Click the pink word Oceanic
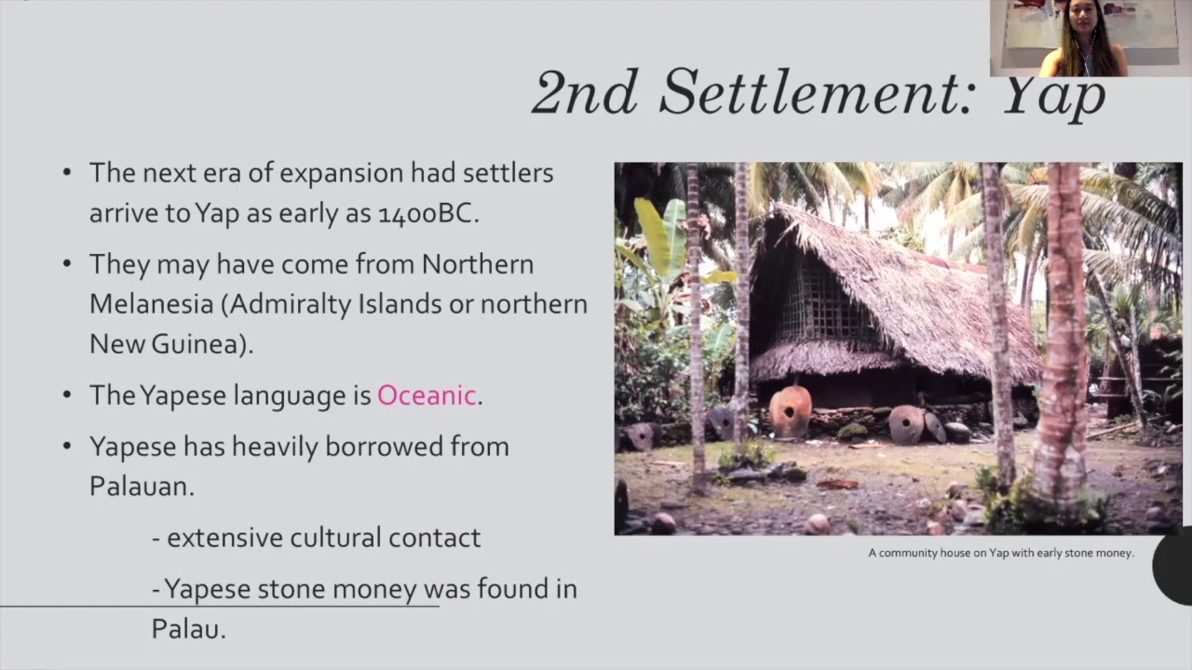click(427, 395)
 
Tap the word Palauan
click(140, 485)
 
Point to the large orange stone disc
click(791, 411)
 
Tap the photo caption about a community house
click(1001, 553)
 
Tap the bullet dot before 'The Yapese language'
click(66, 395)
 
